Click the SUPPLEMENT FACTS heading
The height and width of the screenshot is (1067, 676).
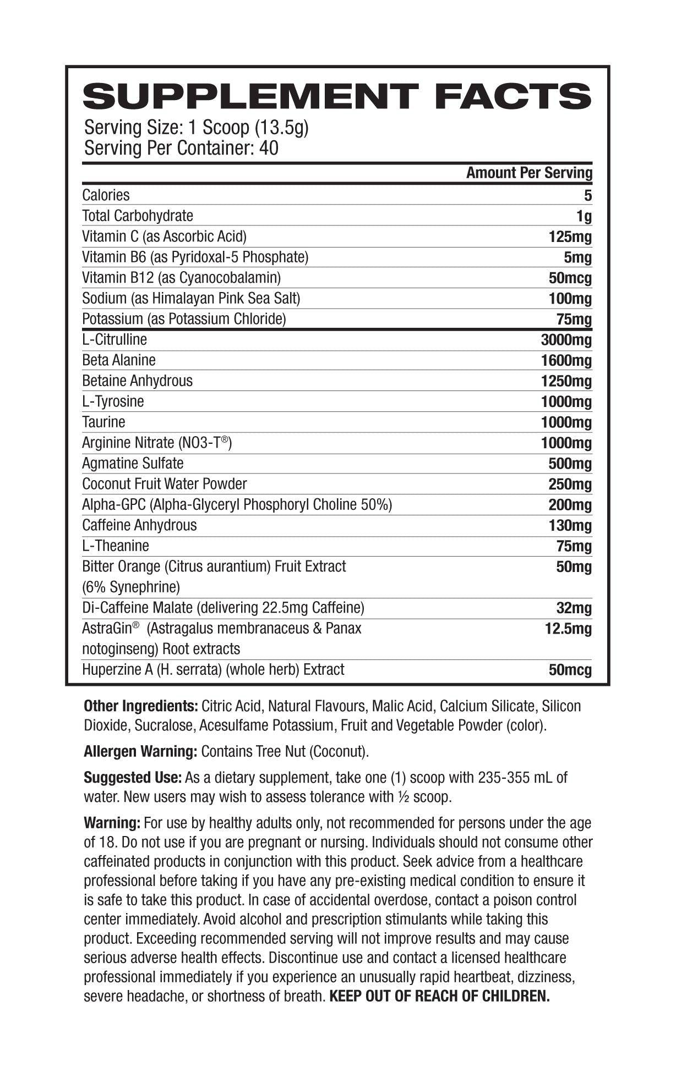pyautogui.click(x=337, y=97)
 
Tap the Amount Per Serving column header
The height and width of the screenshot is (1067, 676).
pyautogui.click(x=528, y=173)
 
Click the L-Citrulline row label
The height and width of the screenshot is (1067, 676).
pyautogui.click(x=115, y=339)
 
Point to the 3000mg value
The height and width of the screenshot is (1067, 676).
pyautogui.click(x=566, y=340)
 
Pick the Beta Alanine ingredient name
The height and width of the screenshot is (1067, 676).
pyautogui.click(x=119, y=360)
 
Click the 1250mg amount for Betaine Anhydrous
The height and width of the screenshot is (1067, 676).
pyautogui.click(x=566, y=381)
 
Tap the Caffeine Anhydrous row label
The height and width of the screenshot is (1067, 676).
pyautogui.click(x=139, y=525)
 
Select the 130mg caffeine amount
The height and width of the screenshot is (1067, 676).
pyautogui.click(x=570, y=526)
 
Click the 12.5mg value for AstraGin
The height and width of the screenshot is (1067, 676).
pyautogui.click(x=568, y=629)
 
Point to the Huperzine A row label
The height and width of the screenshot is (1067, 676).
pyautogui.click(x=213, y=670)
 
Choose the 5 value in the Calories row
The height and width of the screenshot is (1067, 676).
pyautogui.click(x=588, y=196)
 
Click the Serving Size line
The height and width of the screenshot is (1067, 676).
pyautogui.click(x=196, y=128)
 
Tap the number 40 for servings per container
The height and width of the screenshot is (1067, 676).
pyautogui.click(x=268, y=148)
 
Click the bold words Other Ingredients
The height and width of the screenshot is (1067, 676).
pyautogui.click(x=140, y=706)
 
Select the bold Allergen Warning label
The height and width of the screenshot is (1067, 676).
pyautogui.click(x=140, y=751)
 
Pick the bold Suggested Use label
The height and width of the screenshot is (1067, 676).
pyautogui.click(x=133, y=778)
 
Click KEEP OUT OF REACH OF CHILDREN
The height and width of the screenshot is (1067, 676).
pyautogui.click(x=439, y=996)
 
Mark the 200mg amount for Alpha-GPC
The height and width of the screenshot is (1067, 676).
pyautogui.click(x=570, y=505)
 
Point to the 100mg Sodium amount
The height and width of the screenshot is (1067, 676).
pyautogui.click(x=570, y=299)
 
